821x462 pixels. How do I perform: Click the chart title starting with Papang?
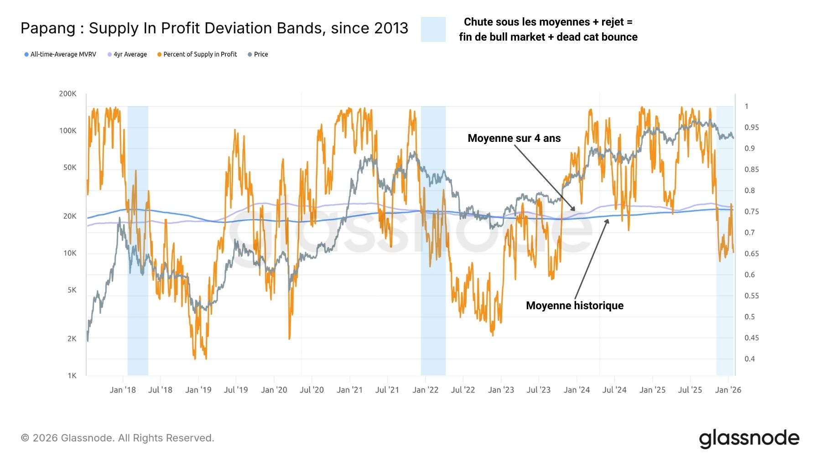214,28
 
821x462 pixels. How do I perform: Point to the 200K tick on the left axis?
68,94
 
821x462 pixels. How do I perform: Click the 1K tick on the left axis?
72,376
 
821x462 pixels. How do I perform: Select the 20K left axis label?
70,216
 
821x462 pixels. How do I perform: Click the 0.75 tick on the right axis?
752,212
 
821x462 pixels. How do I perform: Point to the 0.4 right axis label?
749,359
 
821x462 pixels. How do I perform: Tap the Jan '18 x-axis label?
123,390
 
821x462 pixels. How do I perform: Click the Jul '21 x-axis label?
387,390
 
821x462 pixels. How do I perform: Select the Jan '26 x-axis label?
728,390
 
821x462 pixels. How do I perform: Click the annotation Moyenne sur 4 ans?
514,138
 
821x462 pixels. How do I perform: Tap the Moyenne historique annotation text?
575,306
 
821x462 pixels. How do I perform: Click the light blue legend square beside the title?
433,30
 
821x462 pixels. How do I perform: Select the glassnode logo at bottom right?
749,438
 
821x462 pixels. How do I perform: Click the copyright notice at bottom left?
118,438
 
